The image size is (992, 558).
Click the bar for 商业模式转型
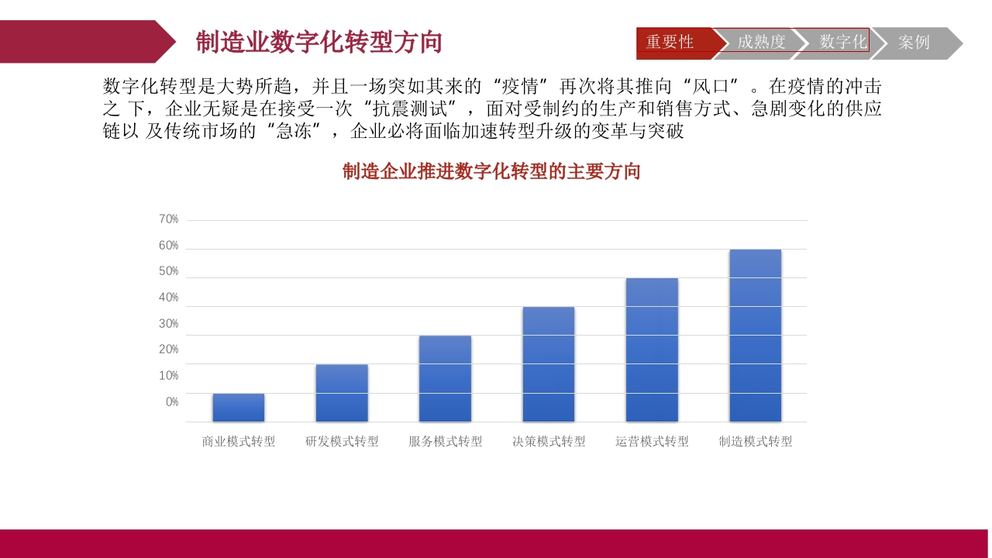tap(238, 408)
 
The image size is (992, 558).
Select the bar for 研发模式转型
tap(342, 393)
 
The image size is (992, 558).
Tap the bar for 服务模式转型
tap(445, 379)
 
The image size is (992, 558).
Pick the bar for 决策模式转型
tap(548, 364)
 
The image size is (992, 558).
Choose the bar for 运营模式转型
tap(652, 350)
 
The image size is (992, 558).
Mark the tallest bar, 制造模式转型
tap(756, 336)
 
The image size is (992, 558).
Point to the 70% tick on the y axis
tap(168, 219)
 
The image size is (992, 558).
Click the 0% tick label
tap(172, 402)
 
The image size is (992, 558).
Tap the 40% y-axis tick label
tap(168, 297)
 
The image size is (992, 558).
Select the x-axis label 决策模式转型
tap(549, 441)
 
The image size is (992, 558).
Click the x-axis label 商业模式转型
tap(238, 441)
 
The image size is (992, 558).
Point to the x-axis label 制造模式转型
tap(756, 441)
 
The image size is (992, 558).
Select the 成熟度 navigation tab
tap(761, 43)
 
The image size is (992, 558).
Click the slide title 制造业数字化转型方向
tap(319, 42)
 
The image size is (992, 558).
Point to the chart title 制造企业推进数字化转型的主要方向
tap(491, 171)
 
